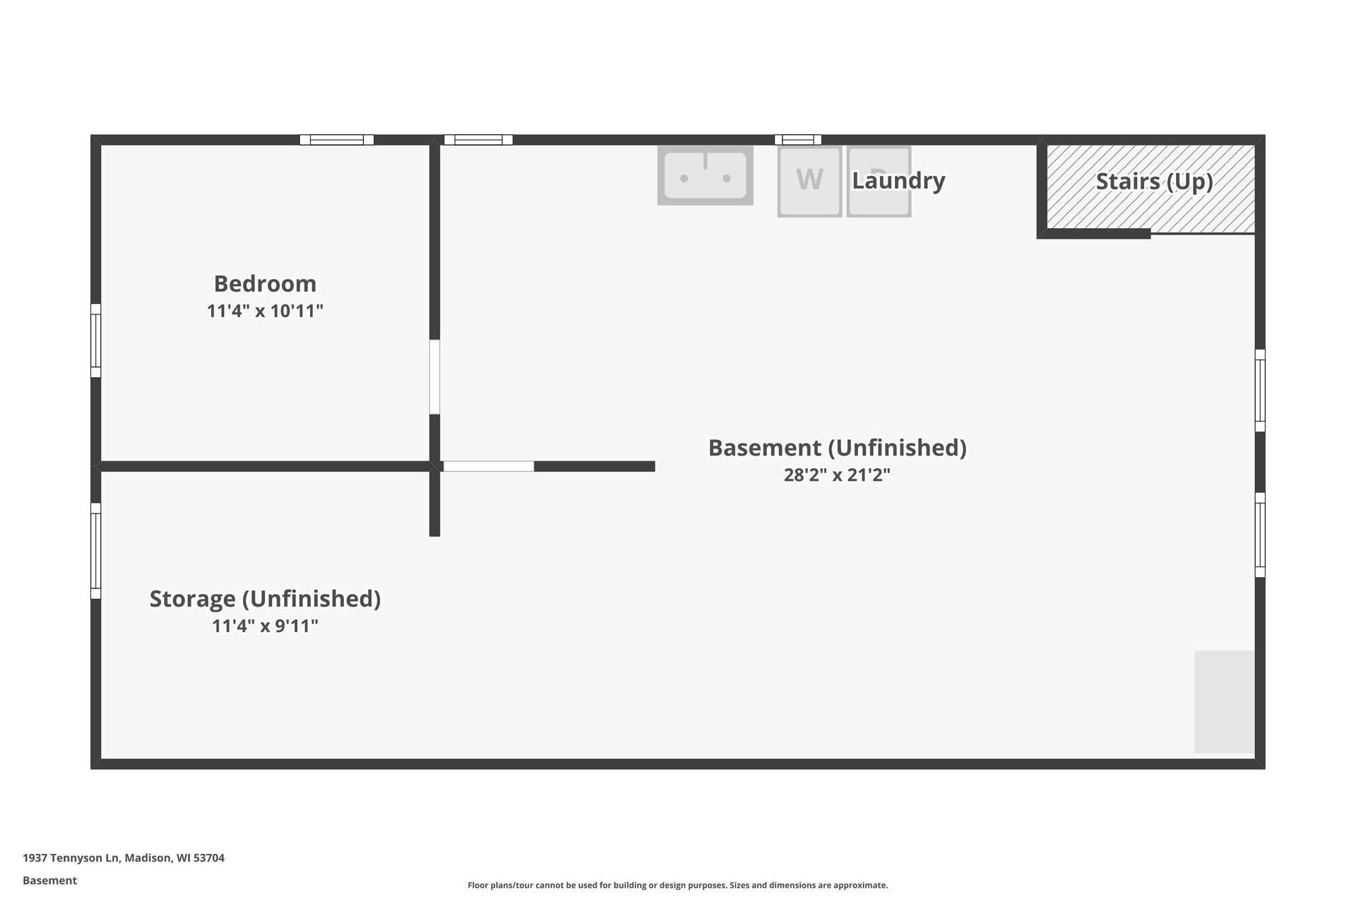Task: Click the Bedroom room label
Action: [x=265, y=283]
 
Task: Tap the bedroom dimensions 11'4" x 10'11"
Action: [x=265, y=311]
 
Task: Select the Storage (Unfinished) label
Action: [x=265, y=598]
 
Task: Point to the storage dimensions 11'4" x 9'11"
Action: [x=265, y=626]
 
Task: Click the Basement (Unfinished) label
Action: [x=837, y=448]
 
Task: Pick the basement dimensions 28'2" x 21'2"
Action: [x=837, y=475]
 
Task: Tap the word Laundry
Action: [x=898, y=181]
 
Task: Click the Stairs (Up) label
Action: [x=1154, y=182]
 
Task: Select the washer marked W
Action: [x=809, y=181]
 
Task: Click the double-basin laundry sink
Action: [x=705, y=175]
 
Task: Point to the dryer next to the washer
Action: [x=879, y=181]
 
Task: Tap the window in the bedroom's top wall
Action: [x=337, y=140]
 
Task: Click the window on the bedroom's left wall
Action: [x=96, y=340]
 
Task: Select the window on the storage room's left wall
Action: [x=96, y=551]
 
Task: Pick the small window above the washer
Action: [x=798, y=140]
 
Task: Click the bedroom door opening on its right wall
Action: [x=434, y=377]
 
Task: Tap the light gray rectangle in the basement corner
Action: [x=1224, y=701]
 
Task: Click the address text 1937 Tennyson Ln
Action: [x=71, y=858]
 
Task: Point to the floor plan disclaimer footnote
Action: [x=678, y=886]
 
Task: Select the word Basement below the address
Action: [x=49, y=881]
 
